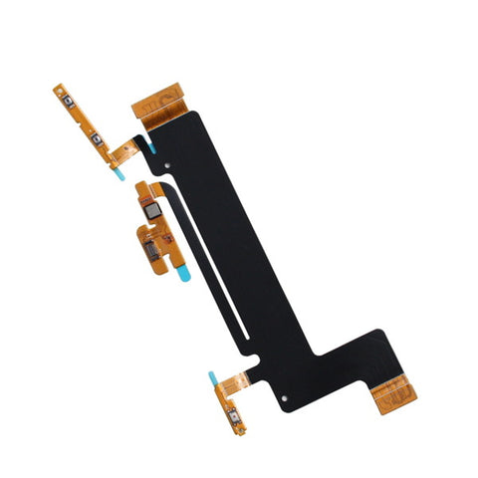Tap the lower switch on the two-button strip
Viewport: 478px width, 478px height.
point(98,139)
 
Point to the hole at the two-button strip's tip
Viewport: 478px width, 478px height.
point(57,89)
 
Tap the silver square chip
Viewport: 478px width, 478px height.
point(151,209)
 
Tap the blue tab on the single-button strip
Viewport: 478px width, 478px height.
point(212,378)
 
